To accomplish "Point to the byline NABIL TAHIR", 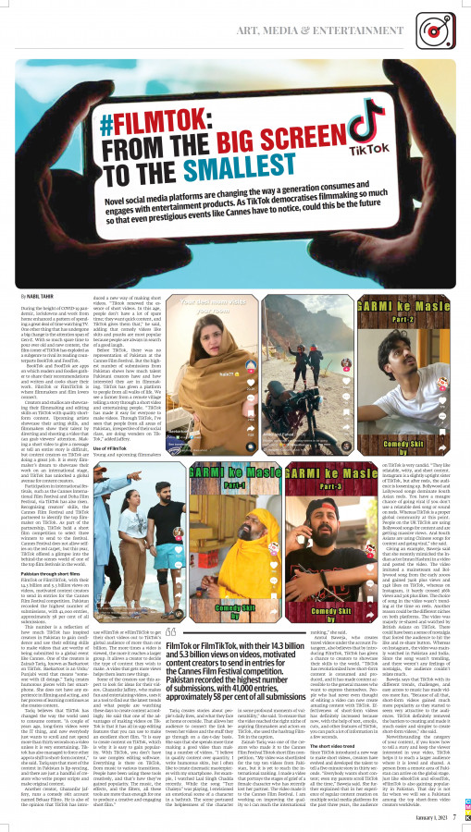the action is click(40, 295).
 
